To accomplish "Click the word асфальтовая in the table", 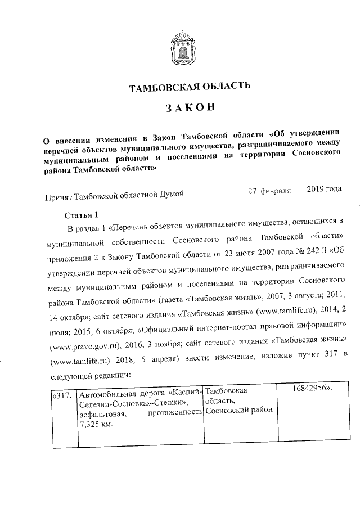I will point(102,414).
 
